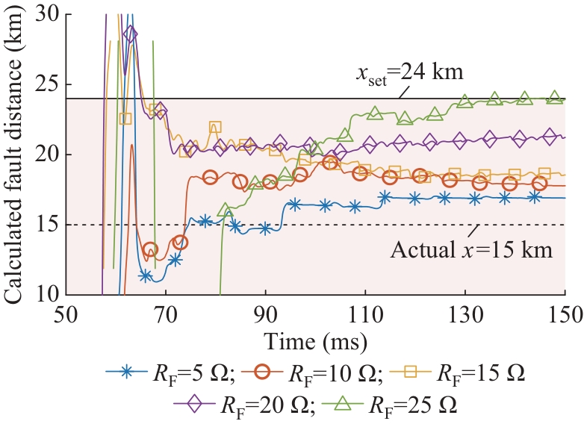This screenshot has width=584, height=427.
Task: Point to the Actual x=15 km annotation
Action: tap(471, 249)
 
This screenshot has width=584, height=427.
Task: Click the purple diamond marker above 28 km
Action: tap(131, 34)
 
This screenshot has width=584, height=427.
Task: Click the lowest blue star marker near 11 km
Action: tap(146, 276)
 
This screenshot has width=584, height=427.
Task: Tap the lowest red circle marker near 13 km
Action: tap(150, 249)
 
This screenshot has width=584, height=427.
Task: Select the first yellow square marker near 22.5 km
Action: tap(125, 119)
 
